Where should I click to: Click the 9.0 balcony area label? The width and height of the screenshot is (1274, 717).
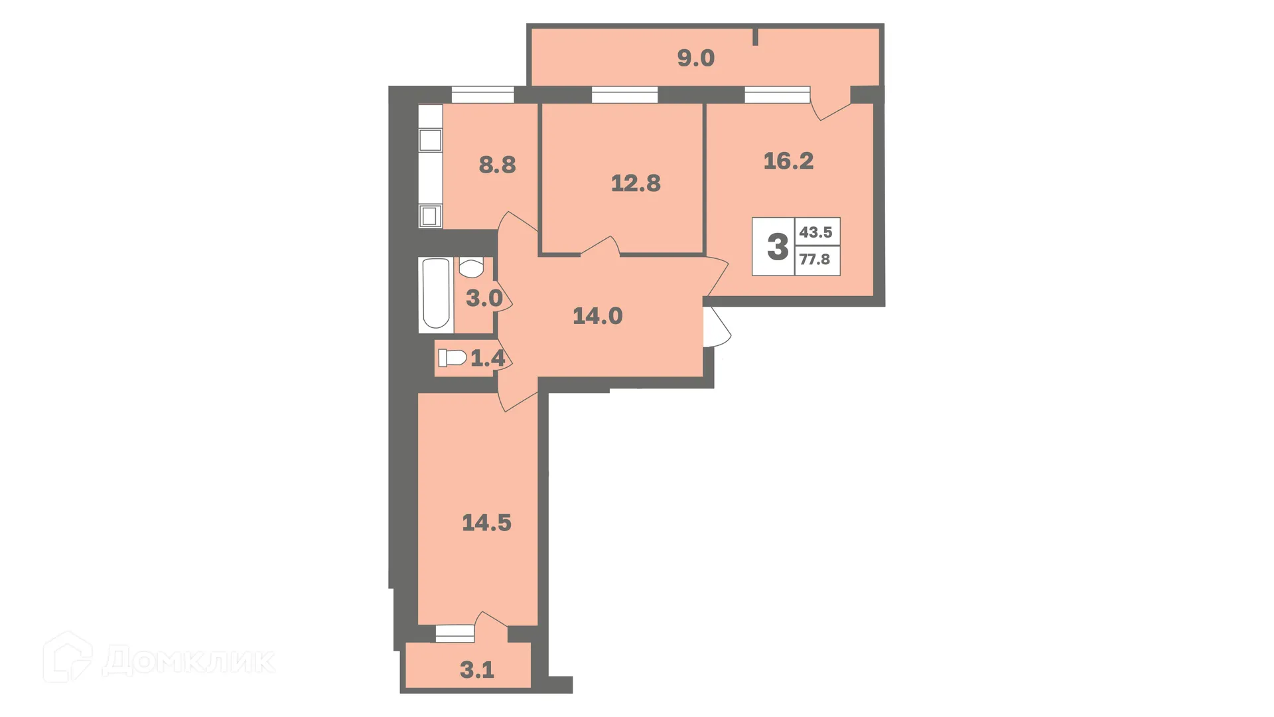click(695, 58)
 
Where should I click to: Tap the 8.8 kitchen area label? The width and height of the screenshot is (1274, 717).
click(497, 165)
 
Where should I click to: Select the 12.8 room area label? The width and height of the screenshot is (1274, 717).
click(636, 183)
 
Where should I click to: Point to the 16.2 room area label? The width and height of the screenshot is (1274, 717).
click(788, 161)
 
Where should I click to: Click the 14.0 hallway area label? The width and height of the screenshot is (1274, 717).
click(597, 316)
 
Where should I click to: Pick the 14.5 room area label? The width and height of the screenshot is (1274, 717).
click(486, 523)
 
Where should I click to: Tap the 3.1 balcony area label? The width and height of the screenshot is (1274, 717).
click(476, 671)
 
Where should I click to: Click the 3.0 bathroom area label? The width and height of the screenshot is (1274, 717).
click(484, 298)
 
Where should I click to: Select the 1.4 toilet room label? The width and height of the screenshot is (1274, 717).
click(488, 359)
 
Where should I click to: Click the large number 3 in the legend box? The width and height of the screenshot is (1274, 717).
click(777, 247)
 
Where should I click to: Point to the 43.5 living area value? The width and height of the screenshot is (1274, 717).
click(815, 232)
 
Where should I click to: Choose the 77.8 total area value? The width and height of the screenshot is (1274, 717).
click(814, 260)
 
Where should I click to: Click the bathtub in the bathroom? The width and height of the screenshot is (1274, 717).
click(436, 293)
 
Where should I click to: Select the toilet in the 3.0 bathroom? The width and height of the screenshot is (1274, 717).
click(471, 268)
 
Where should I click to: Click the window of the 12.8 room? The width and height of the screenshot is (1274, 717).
click(624, 96)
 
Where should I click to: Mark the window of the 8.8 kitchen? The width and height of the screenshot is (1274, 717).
click(482, 96)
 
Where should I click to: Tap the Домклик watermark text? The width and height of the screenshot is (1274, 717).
click(188, 661)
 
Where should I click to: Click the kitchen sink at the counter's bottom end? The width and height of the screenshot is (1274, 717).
click(430, 216)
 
